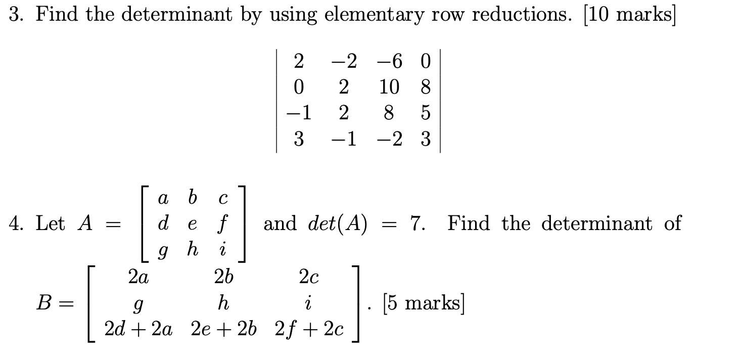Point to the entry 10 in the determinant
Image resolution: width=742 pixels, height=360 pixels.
390,87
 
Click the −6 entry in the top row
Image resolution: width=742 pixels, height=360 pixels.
390,62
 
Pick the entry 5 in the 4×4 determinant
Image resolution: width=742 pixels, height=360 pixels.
425,113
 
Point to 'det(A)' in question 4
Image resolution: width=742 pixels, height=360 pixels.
337,223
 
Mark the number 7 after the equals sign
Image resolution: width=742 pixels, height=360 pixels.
415,223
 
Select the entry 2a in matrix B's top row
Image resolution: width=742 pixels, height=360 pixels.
138,277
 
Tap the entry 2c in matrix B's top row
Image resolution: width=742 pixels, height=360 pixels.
308,277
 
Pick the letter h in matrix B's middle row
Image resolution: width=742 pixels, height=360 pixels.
223,303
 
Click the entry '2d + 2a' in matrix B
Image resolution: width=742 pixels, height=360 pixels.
138,330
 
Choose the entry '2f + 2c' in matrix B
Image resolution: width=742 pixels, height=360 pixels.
309,330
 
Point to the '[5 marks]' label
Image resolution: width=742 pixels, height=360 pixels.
423,303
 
